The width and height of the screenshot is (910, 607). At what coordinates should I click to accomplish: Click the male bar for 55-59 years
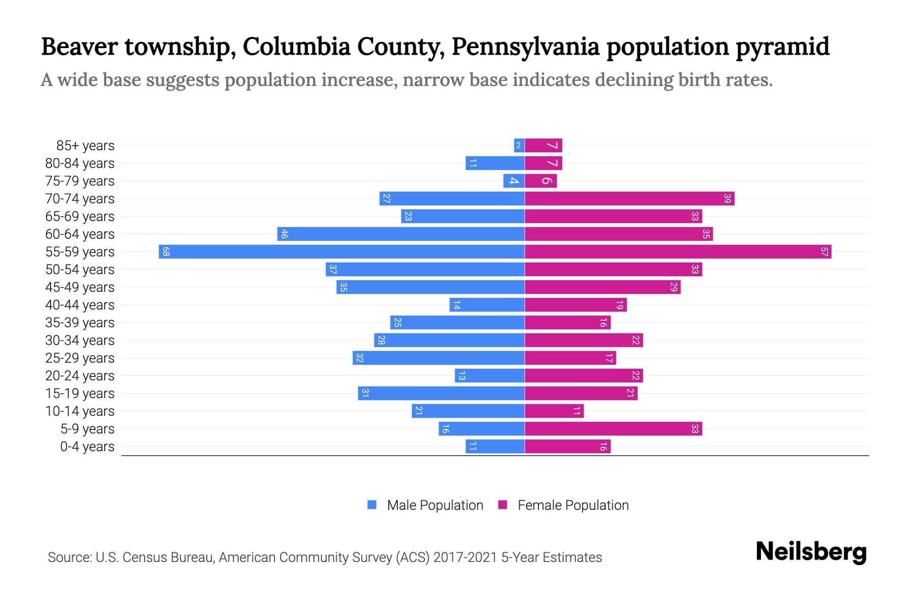342,251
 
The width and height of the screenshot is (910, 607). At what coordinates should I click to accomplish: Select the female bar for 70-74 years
629,198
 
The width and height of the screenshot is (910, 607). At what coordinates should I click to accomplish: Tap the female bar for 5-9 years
613,428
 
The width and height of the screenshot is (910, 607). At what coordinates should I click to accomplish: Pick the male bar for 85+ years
519,145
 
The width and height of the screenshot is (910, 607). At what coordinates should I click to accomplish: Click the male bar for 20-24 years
489,375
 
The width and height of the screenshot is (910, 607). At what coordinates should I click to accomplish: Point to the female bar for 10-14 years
554,411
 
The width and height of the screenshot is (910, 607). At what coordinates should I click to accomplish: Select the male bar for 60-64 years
401,234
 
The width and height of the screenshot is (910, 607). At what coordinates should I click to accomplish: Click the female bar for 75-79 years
541,181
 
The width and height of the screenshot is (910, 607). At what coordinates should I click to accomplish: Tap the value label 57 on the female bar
824,251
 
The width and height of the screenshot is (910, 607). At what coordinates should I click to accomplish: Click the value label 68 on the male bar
166,251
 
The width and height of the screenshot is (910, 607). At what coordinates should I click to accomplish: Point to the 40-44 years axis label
80,305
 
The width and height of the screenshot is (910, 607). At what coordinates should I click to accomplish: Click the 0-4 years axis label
87,447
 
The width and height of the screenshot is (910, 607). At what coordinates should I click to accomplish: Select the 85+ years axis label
85,146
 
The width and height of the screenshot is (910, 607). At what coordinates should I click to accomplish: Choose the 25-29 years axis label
80,358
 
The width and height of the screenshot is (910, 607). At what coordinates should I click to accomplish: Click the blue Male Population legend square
372,505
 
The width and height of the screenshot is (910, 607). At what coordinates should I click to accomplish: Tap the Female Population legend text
573,505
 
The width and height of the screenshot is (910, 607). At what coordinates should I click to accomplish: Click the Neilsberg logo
811,552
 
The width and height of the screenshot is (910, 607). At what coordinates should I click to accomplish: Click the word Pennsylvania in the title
525,47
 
